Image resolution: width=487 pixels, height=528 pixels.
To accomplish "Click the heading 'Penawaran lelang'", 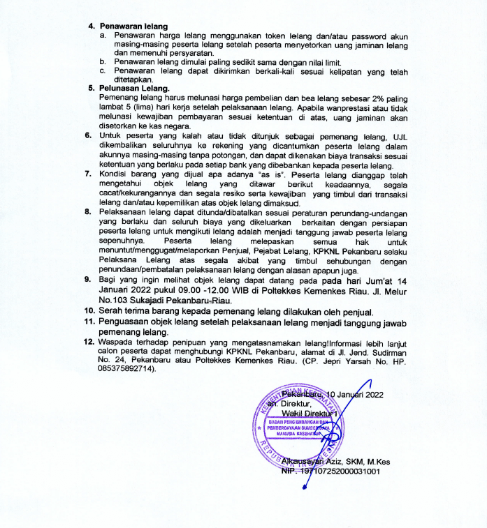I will (132, 25).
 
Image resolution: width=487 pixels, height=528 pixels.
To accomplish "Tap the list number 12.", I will (89, 343).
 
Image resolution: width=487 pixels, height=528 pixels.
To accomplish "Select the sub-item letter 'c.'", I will (102, 70).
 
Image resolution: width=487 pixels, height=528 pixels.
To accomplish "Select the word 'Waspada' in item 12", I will (117, 343).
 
